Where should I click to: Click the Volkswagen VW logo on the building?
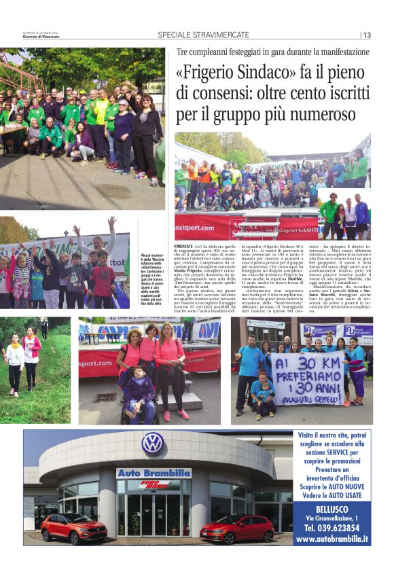[153, 443]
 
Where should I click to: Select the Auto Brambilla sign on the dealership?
[153, 473]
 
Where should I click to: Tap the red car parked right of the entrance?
[236, 529]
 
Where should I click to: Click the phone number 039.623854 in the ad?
[340, 526]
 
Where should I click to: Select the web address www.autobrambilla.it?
[332, 539]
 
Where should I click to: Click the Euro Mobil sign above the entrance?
[154, 484]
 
